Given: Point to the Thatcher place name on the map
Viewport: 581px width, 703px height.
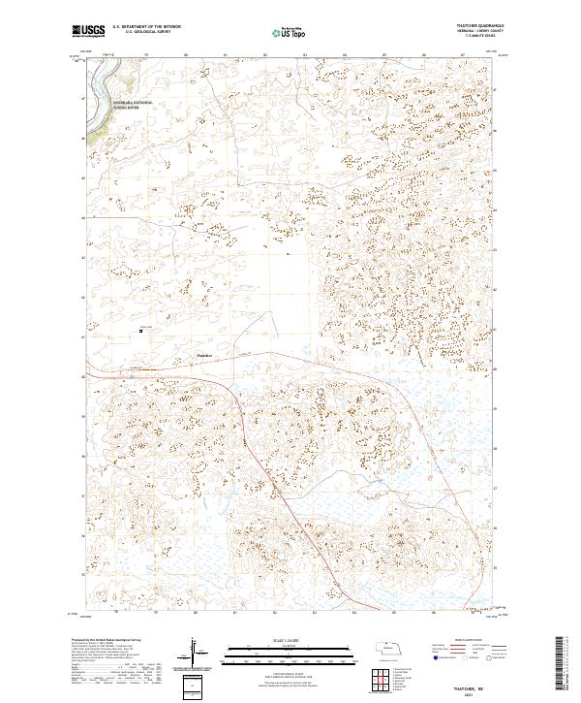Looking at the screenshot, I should pos(203,356).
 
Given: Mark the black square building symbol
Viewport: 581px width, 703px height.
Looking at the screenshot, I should pos(141,331).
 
